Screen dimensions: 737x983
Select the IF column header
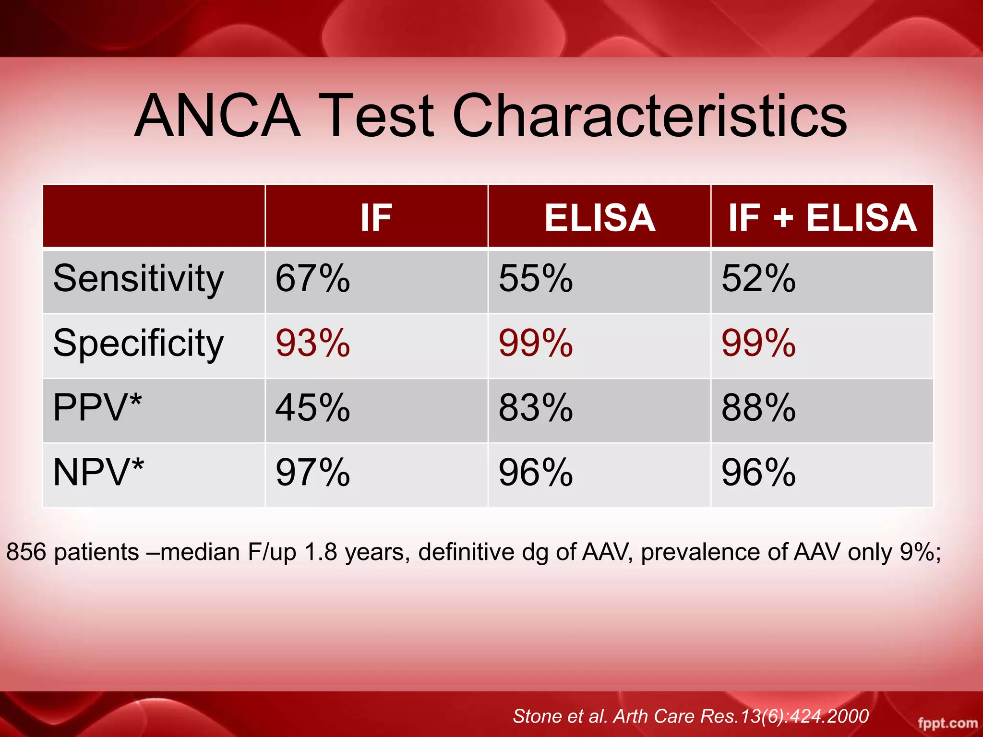376,218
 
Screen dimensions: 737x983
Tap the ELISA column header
599,218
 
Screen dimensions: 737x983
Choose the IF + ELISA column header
822,218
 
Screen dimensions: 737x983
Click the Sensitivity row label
138,279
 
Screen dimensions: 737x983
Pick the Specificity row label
138,344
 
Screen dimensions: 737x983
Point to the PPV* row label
97,408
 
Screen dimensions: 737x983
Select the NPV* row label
98,473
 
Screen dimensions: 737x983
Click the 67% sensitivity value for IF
312,279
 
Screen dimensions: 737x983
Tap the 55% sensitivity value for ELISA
536,279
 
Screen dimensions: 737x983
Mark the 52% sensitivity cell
758,279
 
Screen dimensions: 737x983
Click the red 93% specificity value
312,344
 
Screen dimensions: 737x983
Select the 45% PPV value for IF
312,408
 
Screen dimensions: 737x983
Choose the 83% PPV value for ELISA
536,408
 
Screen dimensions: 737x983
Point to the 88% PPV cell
758,408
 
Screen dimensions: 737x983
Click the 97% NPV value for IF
312,473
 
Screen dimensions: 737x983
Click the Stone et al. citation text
690,716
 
